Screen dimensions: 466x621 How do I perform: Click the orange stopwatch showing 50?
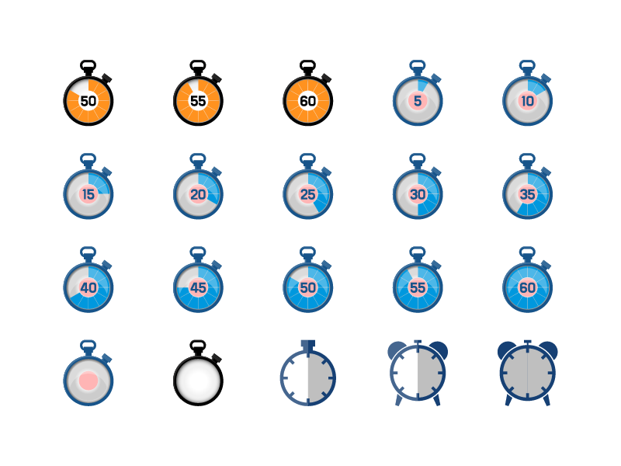88,100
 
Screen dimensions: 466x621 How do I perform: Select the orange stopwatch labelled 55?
198,100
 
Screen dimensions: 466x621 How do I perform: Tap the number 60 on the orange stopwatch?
308,100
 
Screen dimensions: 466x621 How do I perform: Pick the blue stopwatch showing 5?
418,100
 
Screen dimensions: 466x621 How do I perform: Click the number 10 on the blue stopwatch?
528,100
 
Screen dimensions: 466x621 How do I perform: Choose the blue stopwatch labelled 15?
88,194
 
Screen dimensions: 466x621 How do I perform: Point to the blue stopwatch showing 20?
198,194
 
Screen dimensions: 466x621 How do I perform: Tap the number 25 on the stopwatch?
308,194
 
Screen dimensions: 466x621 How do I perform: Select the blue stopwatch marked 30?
418,194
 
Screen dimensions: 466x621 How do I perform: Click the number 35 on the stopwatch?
528,194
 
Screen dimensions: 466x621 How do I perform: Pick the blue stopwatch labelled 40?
88,287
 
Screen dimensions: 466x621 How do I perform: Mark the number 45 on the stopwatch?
198,287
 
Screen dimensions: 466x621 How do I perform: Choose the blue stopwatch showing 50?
308,287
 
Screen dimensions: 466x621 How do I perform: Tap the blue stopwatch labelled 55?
418,287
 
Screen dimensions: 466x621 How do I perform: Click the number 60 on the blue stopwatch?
528,287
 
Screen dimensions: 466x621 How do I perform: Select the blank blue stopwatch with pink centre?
88,380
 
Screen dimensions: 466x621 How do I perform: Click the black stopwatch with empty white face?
198,380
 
